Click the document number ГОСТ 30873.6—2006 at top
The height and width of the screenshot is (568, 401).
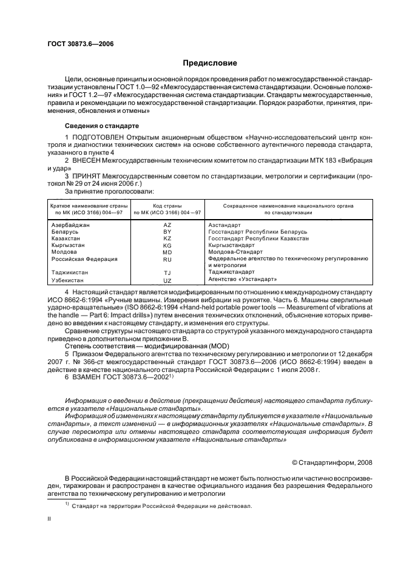[x=80, y=44]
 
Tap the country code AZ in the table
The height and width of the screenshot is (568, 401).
[x=168, y=225]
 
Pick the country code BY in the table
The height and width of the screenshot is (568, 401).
[x=168, y=232]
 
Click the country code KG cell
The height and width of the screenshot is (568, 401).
[x=168, y=245]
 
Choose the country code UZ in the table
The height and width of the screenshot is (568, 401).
[x=168, y=280]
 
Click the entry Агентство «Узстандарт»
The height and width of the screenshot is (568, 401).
[x=243, y=279]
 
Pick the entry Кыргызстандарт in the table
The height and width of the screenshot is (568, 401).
[x=232, y=245]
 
